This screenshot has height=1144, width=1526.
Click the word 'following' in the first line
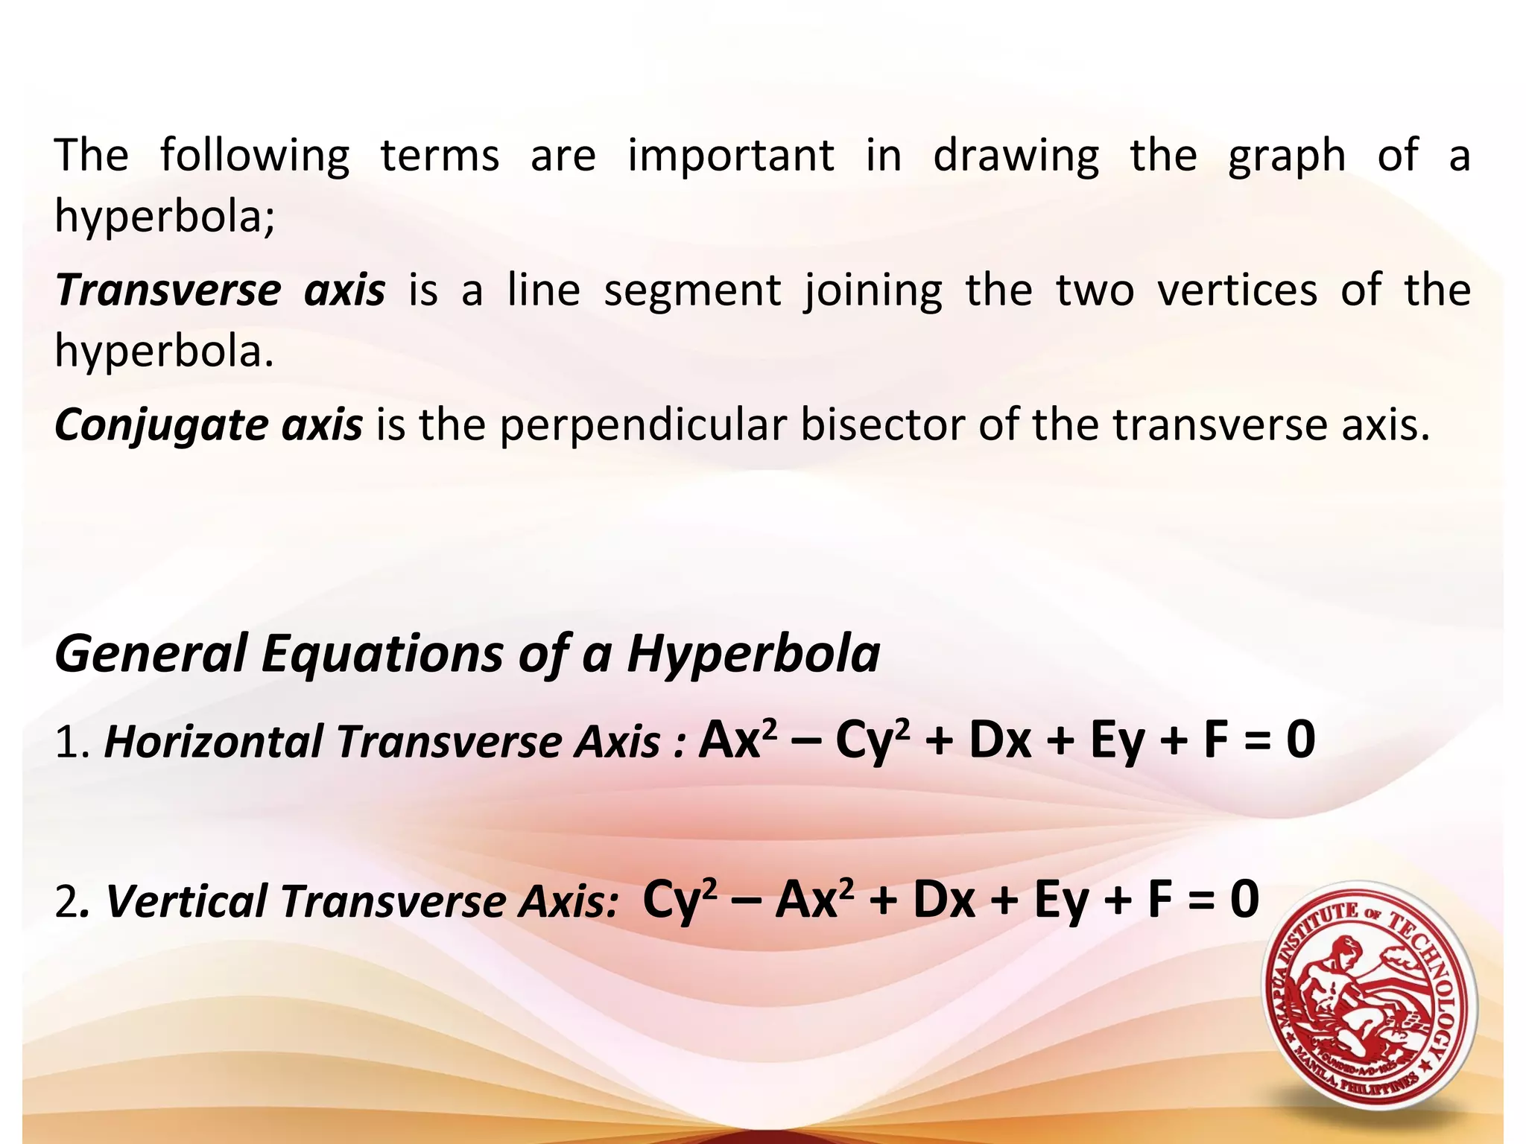[254, 156]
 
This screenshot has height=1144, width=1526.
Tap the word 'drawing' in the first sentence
[1016, 156]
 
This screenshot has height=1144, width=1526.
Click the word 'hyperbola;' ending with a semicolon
[165, 217]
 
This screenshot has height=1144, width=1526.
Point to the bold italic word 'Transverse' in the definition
[168, 290]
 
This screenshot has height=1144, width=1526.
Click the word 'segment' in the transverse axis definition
[692, 291]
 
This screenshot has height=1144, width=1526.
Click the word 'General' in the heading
[151, 654]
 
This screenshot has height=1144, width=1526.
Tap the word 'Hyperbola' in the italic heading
[753, 654]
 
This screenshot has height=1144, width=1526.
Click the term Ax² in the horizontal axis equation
[737, 740]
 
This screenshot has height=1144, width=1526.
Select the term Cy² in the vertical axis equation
[679, 900]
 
